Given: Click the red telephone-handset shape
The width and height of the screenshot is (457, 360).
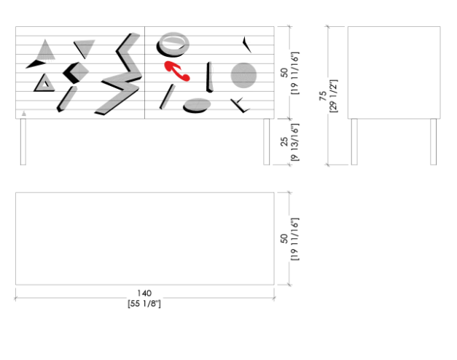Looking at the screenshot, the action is pyautogui.click(x=176, y=70).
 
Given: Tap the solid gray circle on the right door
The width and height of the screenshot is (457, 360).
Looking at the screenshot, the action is pyautogui.click(x=243, y=76).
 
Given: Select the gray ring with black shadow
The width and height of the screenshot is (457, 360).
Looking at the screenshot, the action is pyautogui.click(x=173, y=44).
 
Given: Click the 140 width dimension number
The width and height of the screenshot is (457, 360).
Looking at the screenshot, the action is pyautogui.click(x=144, y=293).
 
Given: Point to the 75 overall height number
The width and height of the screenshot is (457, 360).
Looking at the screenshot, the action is pyautogui.click(x=323, y=96).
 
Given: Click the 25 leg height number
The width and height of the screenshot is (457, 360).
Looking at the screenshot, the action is pyautogui.click(x=284, y=141).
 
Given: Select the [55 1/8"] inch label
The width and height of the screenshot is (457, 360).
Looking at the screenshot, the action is pyautogui.click(x=144, y=303).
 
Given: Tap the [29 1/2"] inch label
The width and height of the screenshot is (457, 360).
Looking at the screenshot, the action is pyautogui.click(x=333, y=96).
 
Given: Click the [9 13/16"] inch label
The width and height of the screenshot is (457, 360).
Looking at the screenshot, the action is pyautogui.click(x=294, y=142).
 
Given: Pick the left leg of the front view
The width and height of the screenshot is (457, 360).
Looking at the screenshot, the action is pyautogui.click(x=23, y=141).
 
